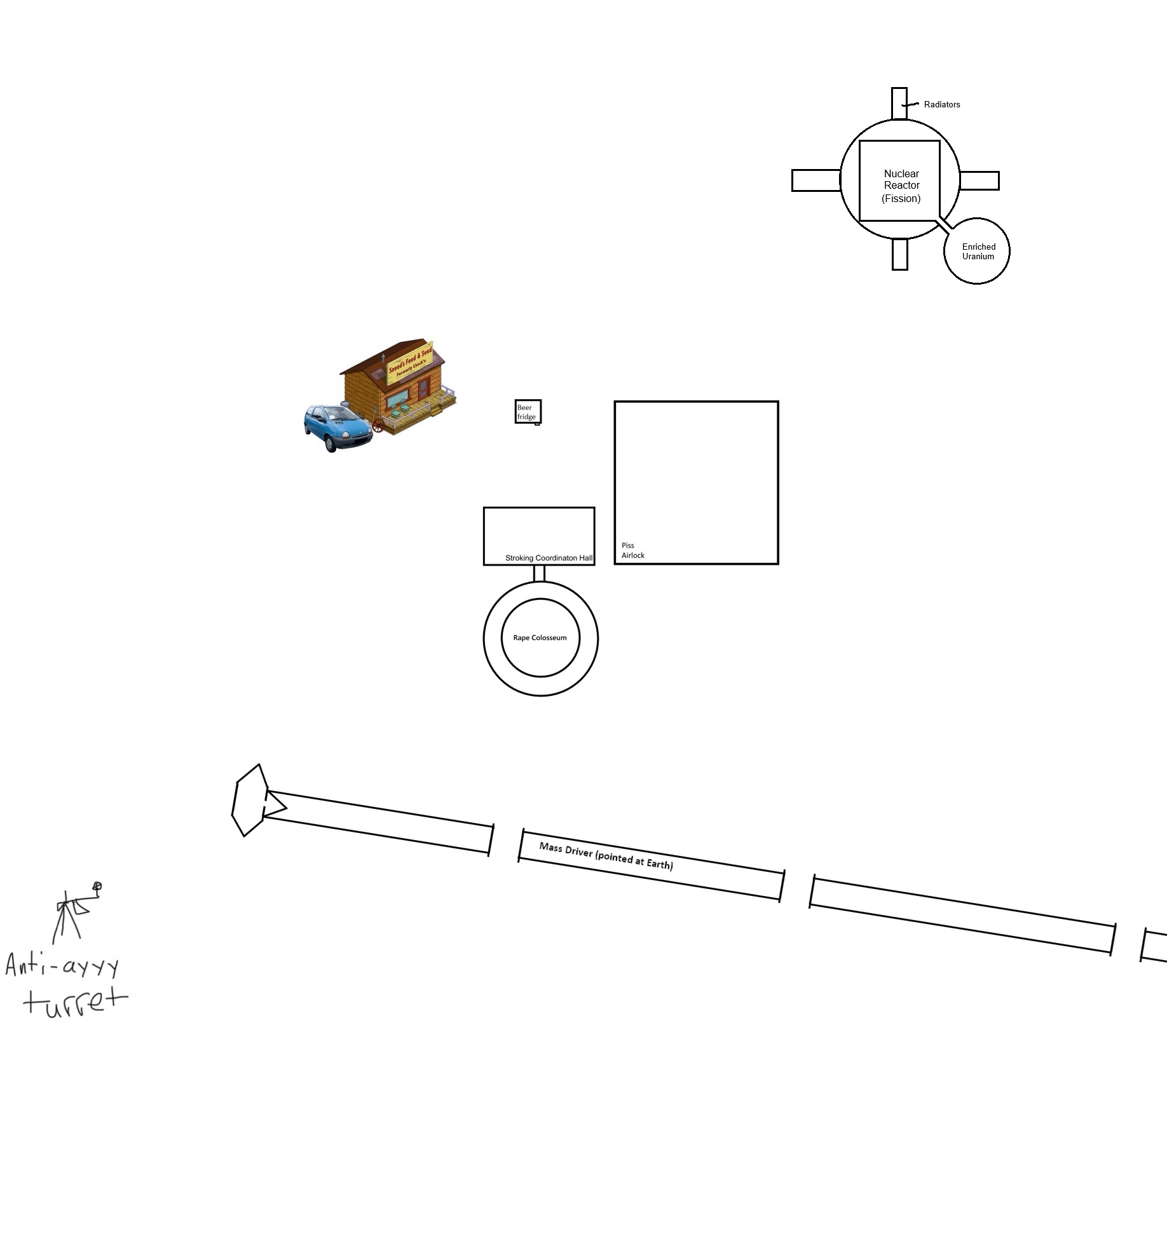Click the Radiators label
click(x=941, y=105)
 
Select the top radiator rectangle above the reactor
click(x=899, y=104)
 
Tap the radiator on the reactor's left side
click(x=816, y=180)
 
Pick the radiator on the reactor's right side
click(x=979, y=180)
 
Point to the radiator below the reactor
click(x=899, y=254)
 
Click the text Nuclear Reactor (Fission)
click(x=901, y=186)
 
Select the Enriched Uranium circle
click(x=977, y=251)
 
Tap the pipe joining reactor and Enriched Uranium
click(x=943, y=225)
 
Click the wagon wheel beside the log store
click(x=378, y=425)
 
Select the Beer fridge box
click(x=528, y=412)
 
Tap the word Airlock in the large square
click(x=632, y=555)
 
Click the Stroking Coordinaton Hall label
click(x=549, y=558)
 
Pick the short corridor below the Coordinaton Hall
click(x=539, y=573)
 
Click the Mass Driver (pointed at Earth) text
click(x=606, y=855)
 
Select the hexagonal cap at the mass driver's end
click(x=250, y=800)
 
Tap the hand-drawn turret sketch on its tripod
click(x=75, y=912)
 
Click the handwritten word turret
click(x=75, y=1003)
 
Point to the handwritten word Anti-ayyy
click(x=62, y=966)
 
